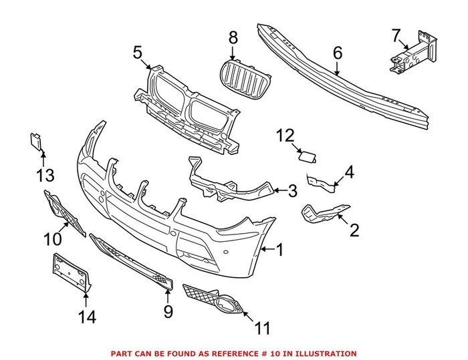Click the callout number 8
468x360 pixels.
coord(233,37)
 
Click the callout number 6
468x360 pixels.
coord(337,51)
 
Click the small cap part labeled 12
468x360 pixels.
coord(308,157)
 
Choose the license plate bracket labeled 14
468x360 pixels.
coord(69,273)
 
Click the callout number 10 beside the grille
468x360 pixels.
coord(52,238)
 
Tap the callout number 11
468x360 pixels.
coord(263,329)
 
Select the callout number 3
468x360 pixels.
coord(292,192)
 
